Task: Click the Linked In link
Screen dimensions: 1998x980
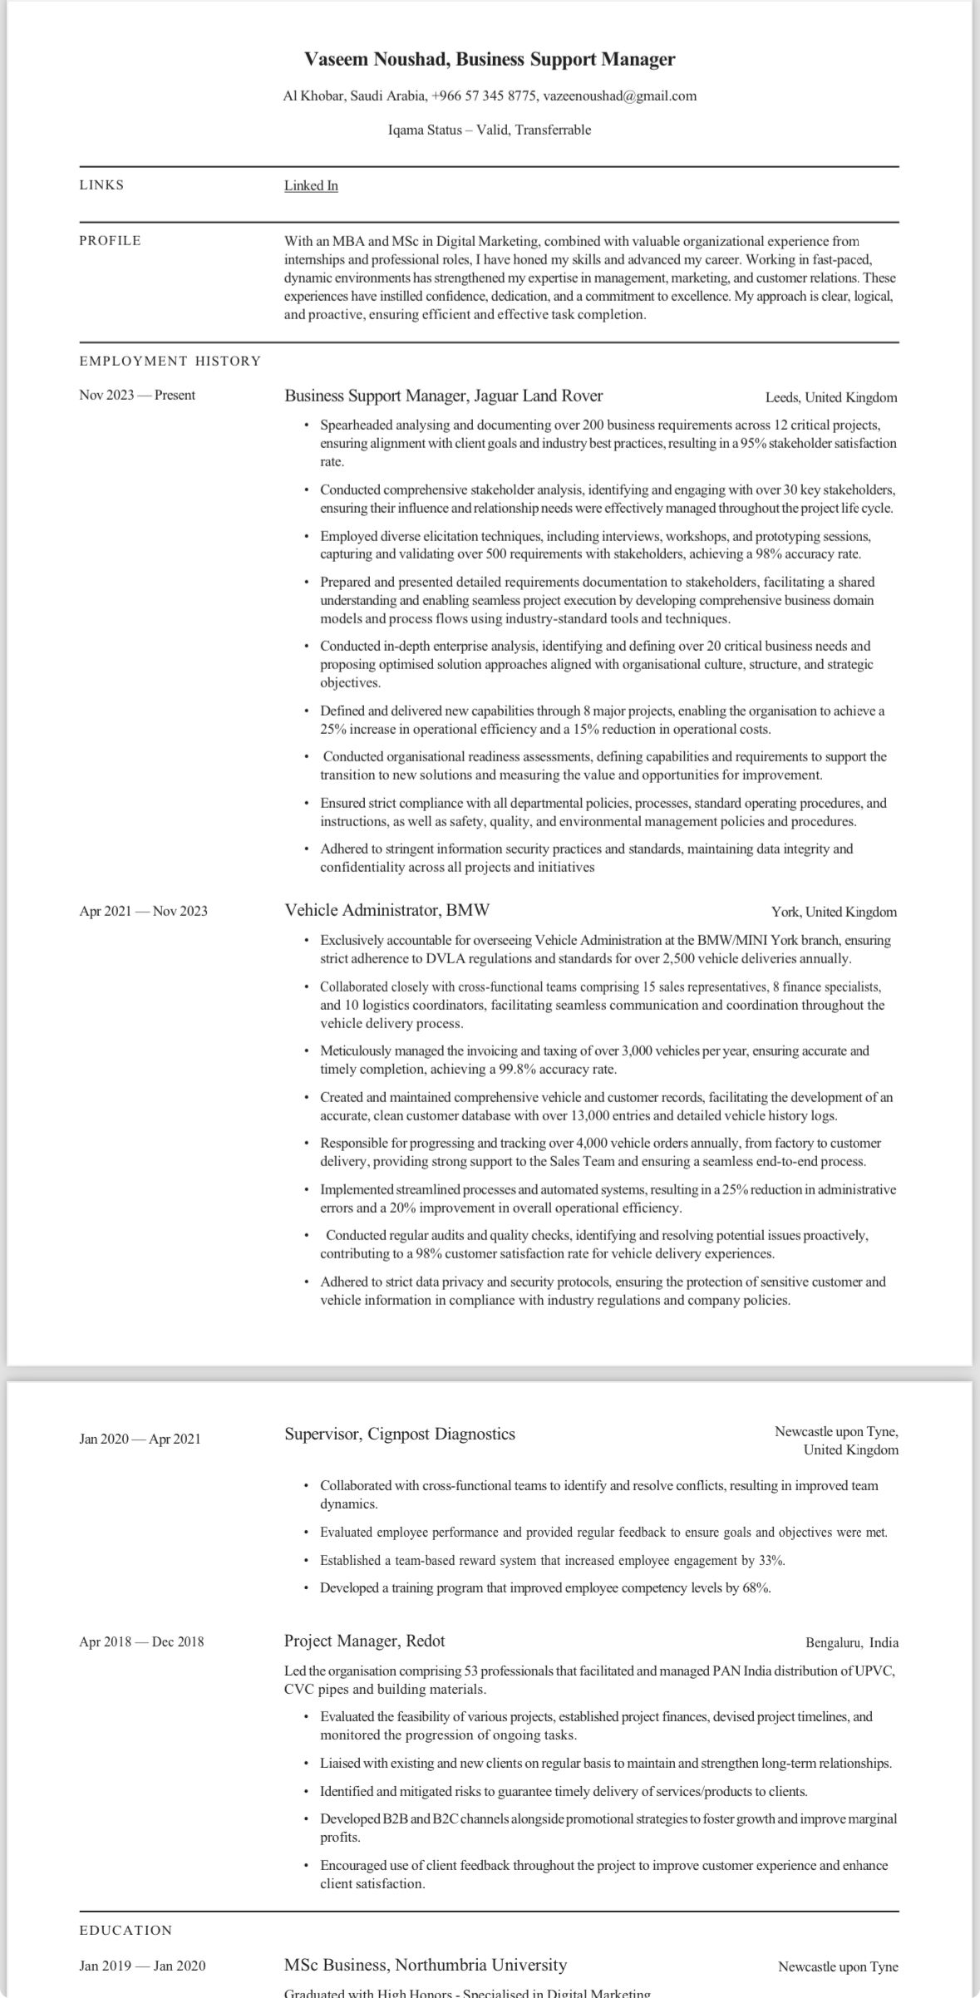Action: coord(311,185)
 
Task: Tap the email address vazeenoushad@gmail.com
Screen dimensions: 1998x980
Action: coord(619,96)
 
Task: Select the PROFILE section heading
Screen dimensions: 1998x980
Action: coord(110,241)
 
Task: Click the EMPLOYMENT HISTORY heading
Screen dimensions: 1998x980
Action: coord(170,361)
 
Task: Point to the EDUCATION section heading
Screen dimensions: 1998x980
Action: coord(126,1930)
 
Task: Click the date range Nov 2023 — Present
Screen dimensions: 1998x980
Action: coord(137,395)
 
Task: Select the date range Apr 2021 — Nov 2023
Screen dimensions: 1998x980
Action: coord(143,911)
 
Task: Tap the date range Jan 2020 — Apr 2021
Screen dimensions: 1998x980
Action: coord(140,1439)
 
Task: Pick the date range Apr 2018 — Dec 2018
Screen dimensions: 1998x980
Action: coord(141,1641)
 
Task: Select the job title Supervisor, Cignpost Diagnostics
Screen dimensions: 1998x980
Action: coord(399,1434)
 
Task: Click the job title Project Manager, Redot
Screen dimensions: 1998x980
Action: coord(364,1641)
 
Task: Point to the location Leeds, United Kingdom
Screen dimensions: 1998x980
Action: coord(830,397)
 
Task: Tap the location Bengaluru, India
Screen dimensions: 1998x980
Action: coord(851,1642)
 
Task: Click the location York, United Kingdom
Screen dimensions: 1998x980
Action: coord(834,912)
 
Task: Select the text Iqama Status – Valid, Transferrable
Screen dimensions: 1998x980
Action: coord(490,130)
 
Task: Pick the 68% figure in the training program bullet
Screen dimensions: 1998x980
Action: coord(756,1587)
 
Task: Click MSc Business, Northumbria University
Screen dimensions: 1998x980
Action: coord(425,1965)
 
